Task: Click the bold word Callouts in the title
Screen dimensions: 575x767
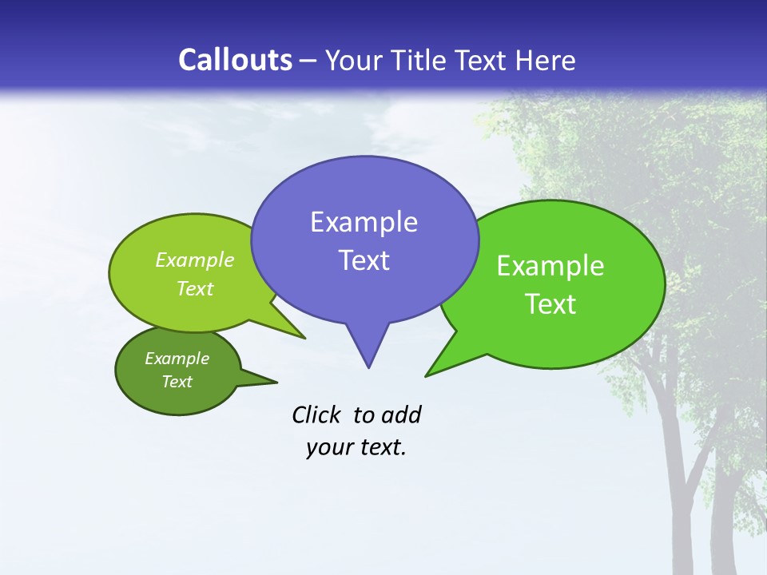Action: (x=235, y=60)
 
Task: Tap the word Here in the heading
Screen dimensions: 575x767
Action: (x=546, y=60)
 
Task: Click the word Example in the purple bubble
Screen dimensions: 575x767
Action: (x=364, y=222)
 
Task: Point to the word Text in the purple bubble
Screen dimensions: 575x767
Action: (x=364, y=260)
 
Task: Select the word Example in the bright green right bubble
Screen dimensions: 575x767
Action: (x=550, y=266)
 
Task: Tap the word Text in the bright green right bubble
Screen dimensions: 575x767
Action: (x=550, y=304)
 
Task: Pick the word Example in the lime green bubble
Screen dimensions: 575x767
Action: (x=195, y=260)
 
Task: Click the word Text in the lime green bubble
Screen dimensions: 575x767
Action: (x=195, y=288)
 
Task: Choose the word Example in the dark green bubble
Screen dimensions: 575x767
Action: (x=177, y=359)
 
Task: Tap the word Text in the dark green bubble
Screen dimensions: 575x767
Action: (x=177, y=382)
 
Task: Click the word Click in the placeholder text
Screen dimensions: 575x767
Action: (x=316, y=414)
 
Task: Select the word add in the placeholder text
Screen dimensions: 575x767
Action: (x=400, y=414)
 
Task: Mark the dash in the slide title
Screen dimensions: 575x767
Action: (x=309, y=61)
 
